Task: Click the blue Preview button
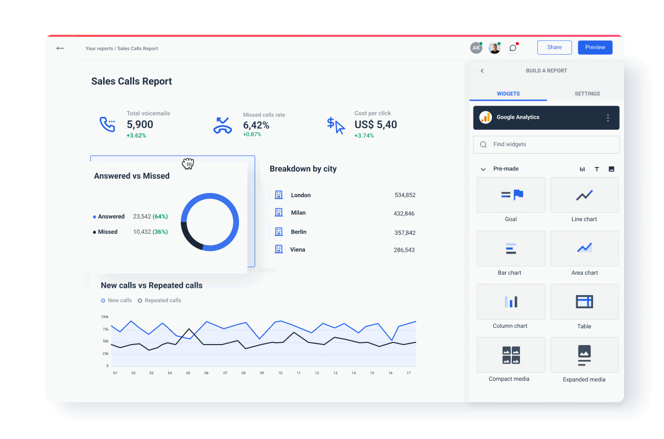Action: [x=595, y=47]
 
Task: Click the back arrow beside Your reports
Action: [x=60, y=48]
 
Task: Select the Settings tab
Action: [x=587, y=94]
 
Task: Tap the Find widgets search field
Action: [x=547, y=144]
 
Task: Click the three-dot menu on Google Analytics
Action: [x=608, y=118]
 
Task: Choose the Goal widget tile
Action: [x=511, y=195]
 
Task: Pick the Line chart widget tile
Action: [x=584, y=195]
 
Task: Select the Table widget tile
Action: [x=584, y=302]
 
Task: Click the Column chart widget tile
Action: [x=511, y=302]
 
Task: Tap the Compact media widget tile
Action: [x=511, y=355]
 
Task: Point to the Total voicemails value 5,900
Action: [x=140, y=125]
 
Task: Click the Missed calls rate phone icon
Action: [x=223, y=125]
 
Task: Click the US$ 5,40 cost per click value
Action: [x=375, y=125]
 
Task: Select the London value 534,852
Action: [x=405, y=195]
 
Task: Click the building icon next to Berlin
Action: [x=279, y=232]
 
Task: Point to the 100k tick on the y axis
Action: [x=104, y=317]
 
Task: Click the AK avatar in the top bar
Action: [x=476, y=48]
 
